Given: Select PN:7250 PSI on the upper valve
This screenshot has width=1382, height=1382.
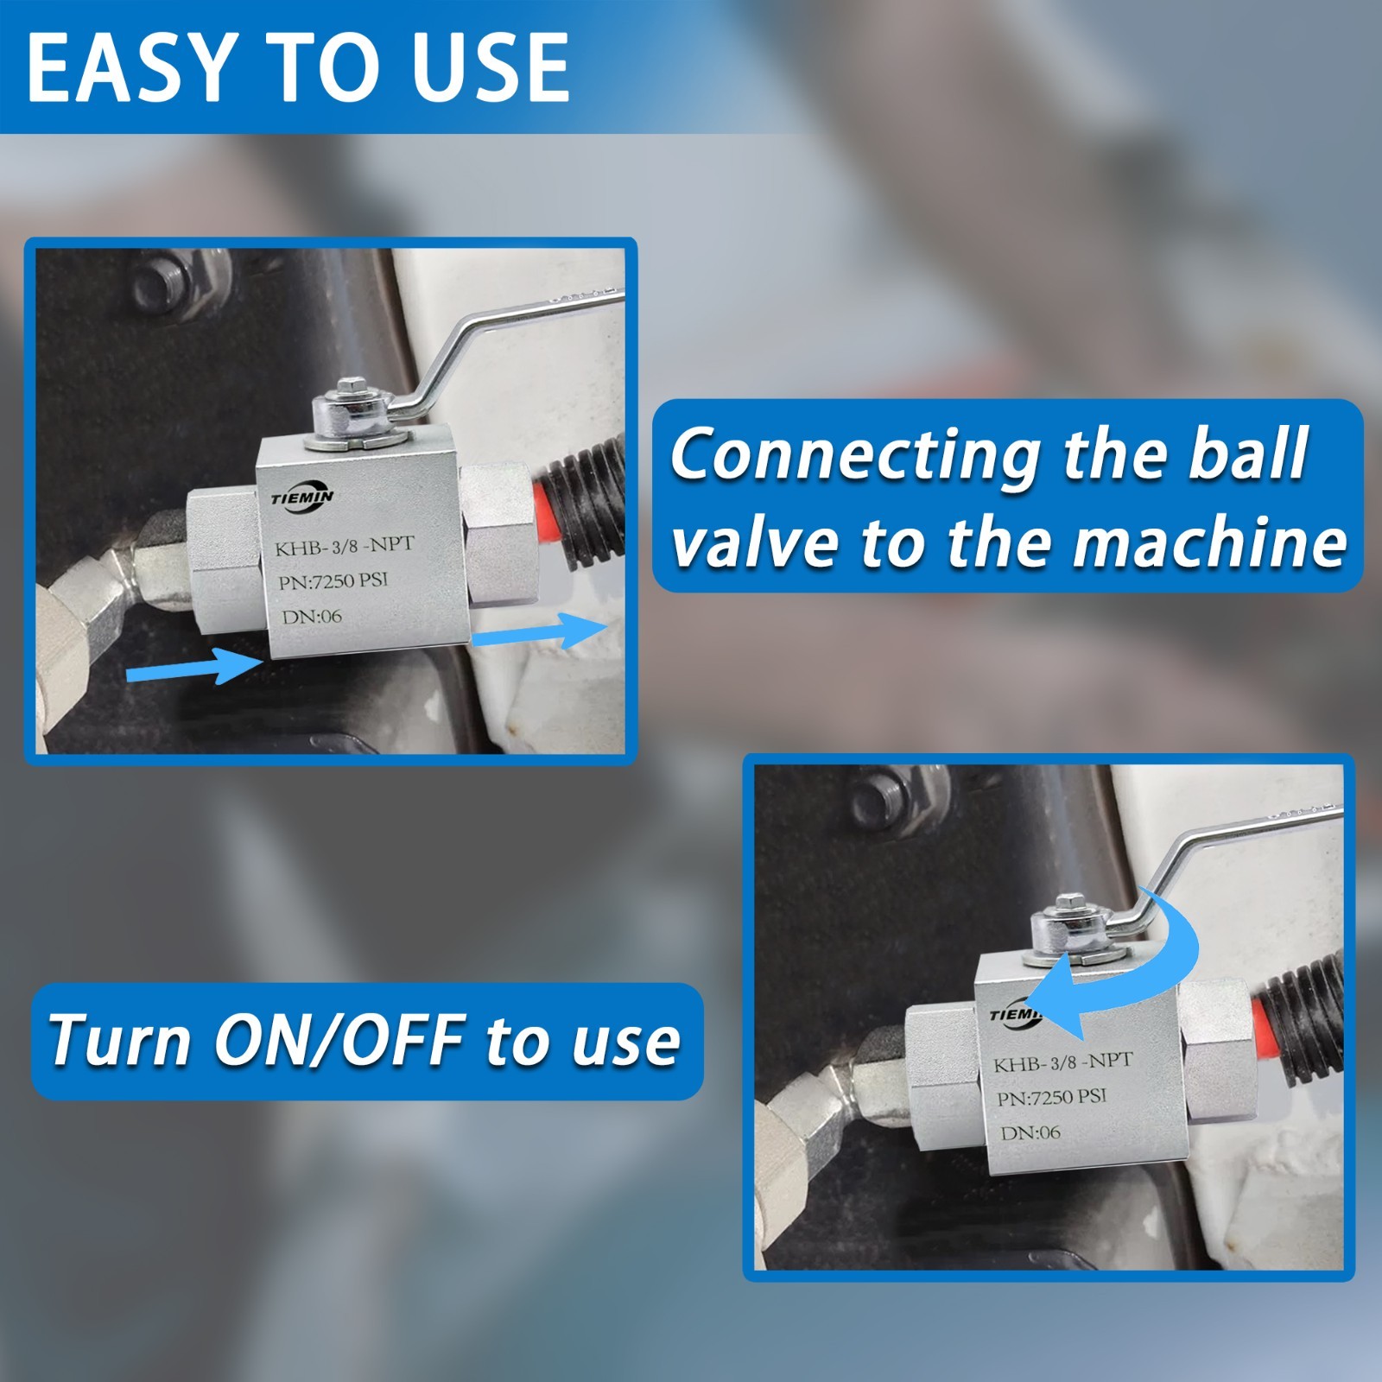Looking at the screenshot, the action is click(x=333, y=580).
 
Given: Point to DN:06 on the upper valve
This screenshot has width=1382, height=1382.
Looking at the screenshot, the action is click(x=312, y=617).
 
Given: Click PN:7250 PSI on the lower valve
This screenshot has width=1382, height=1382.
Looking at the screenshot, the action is click(x=1051, y=1098).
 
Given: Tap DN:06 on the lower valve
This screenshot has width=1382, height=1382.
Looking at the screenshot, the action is click(x=1030, y=1132).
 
